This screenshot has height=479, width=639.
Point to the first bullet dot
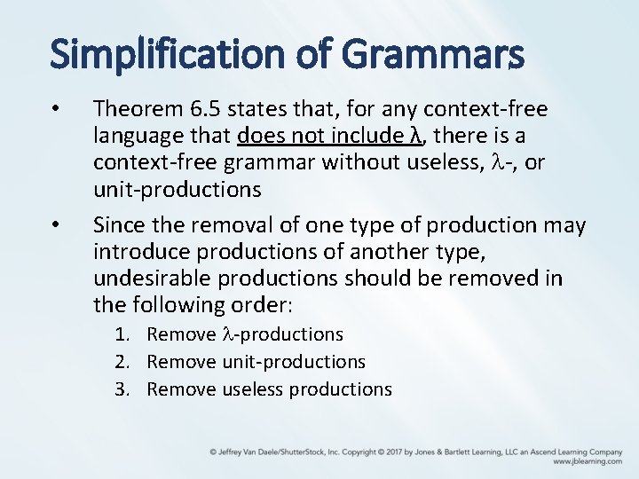(x=55, y=110)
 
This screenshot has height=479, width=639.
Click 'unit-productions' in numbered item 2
(x=293, y=362)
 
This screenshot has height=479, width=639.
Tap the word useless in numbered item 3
(x=254, y=389)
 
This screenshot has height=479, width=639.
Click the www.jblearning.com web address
(x=587, y=461)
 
